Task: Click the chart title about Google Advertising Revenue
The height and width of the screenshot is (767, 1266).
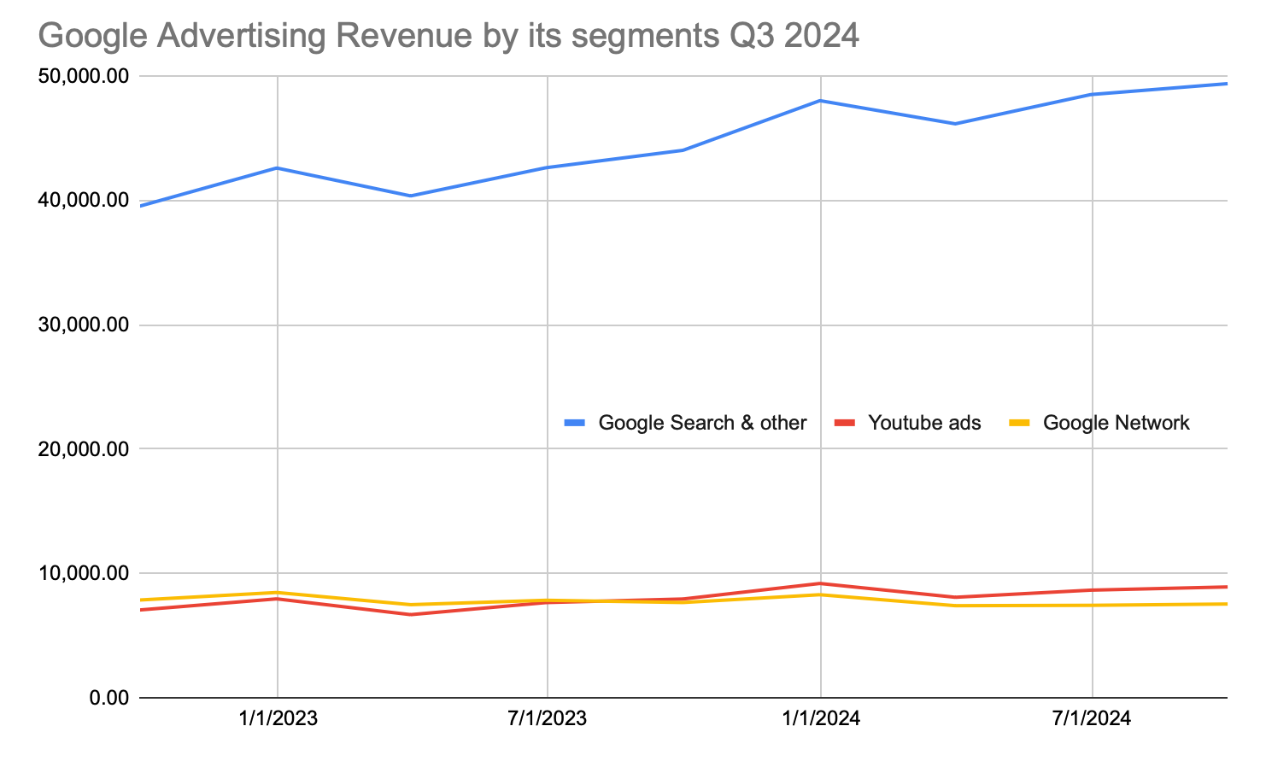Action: coord(448,36)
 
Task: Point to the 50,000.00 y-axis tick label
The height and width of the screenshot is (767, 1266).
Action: coord(84,77)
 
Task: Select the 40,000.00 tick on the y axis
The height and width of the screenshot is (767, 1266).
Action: coord(84,201)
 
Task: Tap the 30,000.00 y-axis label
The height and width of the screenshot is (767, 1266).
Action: coord(84,325)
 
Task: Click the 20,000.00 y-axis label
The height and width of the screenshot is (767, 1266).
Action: coord(84,449)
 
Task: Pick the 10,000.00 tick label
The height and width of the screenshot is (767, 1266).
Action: coord(84,573)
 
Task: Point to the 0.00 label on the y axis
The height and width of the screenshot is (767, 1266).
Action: coord(108,698)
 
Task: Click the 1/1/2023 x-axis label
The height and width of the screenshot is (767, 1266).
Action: coord(278,718)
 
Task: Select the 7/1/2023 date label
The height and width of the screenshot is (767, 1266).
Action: coord(548,718)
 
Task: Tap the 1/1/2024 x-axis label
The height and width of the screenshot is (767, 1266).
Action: coord(821,718)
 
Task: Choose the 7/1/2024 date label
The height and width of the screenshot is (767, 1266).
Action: coord(1092,718)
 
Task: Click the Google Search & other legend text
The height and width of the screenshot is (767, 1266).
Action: coord(702,423)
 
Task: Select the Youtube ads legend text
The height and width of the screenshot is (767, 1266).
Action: coord(924,423)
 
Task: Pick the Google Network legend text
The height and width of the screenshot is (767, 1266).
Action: coord(1116,423)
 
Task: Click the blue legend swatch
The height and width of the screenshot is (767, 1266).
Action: coord(575,423)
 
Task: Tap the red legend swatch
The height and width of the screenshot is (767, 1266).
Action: coord(845,423)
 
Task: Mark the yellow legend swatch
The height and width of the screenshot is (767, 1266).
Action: coord(1020,423)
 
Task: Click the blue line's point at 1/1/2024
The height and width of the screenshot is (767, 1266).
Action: coord(821,101)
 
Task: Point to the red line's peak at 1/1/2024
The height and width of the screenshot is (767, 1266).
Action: coord(821,584)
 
